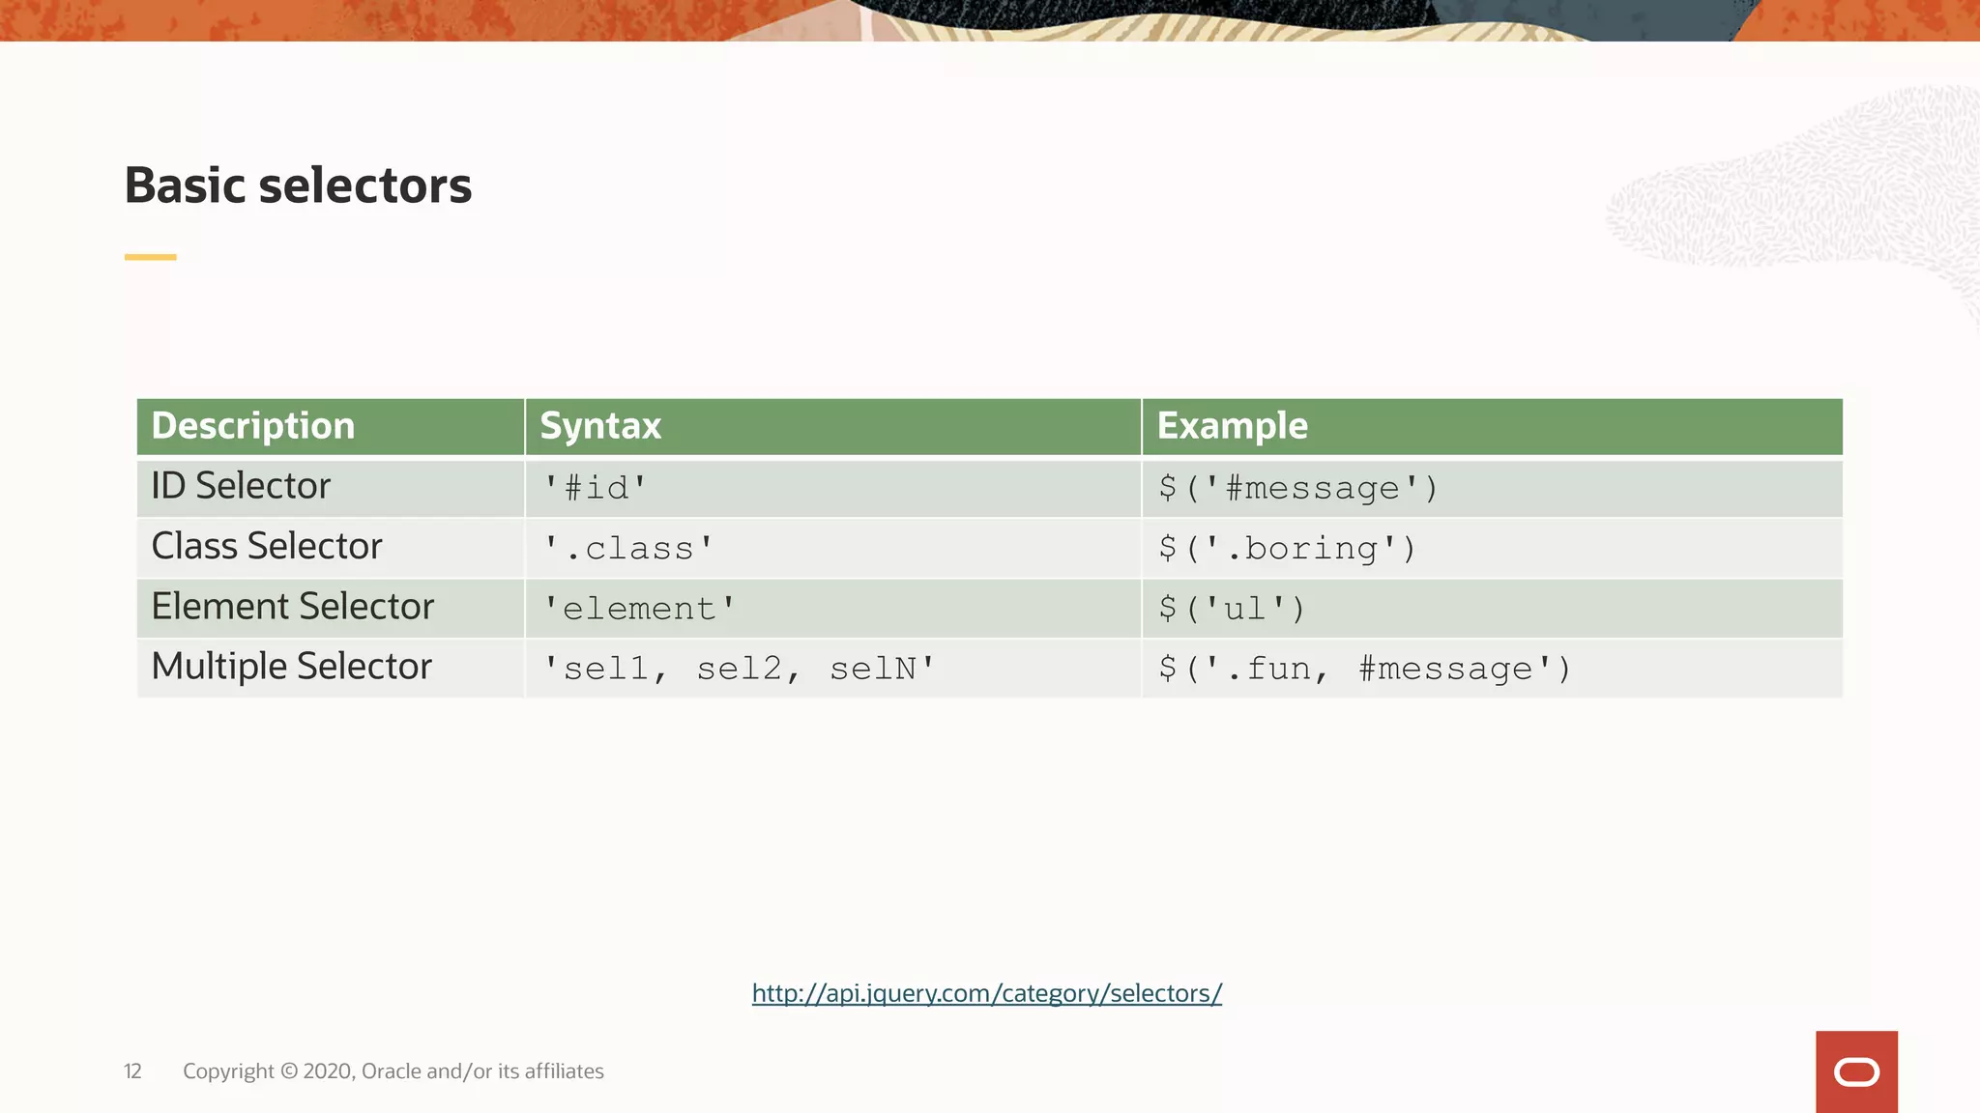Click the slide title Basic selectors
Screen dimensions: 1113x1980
coord(298,185)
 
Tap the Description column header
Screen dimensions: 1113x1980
coord(253,426)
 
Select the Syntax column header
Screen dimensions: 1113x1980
coord(600,426)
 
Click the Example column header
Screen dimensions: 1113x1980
coord(1232,426)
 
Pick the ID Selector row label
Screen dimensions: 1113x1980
coord(241,486)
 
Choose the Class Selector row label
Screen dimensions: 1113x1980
coord(267,547)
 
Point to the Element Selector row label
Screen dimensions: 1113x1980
coord(292,607)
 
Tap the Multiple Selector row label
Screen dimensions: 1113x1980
coord(291,667)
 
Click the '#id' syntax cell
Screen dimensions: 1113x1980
coord(595,488)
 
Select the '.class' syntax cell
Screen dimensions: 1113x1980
coord(628,549)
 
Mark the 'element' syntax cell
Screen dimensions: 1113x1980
coord(639,609)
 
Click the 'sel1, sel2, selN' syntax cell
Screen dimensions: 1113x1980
coord(740,669)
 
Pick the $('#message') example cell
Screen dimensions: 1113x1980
coord(1298,488)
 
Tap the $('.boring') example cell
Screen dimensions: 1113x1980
coord(1287,549)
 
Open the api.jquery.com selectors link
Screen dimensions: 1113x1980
coord(987,993)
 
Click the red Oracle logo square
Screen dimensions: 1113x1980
coord(1856,1071)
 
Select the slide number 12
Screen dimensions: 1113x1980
coord(132,1071)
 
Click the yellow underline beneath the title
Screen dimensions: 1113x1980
coord(151,257)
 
